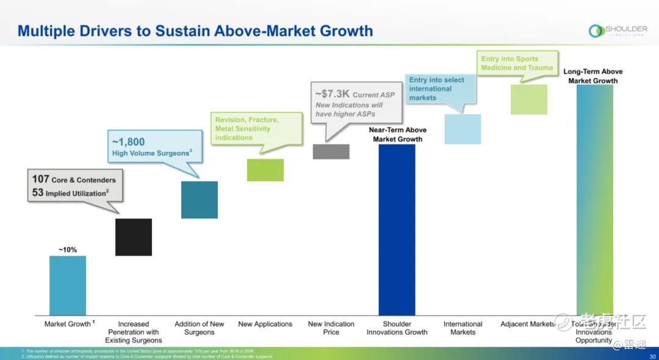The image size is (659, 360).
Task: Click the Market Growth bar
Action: coord(68,285)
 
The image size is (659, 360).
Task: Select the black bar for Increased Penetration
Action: coord(134,237)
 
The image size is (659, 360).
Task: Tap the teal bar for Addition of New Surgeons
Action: coord(200,200)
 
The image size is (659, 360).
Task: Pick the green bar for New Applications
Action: coord(265,170)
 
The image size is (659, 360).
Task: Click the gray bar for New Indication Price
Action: coord(331,151)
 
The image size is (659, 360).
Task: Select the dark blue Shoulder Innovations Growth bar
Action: coord(397,229)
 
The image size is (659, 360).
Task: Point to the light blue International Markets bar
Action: coord(463,129)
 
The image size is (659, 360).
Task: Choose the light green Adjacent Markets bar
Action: coord(529,99)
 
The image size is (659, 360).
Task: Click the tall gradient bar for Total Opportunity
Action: coord(594,200)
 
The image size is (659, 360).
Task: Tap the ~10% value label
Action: coord(68,250)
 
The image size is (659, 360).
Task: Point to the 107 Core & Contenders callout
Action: coord(74,186)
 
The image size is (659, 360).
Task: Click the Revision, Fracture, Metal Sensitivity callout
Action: coord(257,129)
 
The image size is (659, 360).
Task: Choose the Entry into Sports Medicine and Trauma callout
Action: coord(517,63)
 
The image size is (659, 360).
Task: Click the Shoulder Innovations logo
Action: coord(618,31)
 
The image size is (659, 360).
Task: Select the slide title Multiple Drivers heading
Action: coord(195,31)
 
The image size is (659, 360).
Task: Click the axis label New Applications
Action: coord(265,324)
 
